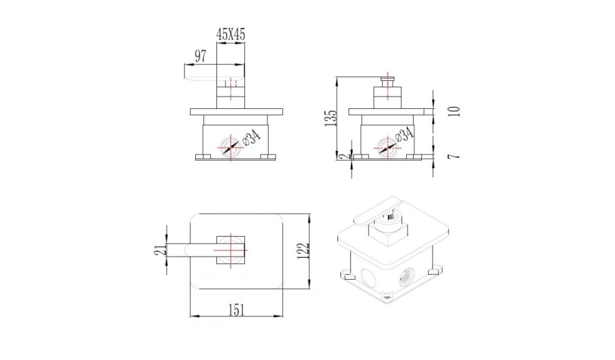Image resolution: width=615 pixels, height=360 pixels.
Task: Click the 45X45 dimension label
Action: (231, 35)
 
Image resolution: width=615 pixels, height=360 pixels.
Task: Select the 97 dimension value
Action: (200, 56)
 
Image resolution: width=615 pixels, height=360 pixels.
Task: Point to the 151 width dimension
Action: (236, 310)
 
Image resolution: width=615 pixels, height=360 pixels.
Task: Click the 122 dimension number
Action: (303, 251)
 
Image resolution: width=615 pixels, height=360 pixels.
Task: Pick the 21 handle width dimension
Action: (159, 249)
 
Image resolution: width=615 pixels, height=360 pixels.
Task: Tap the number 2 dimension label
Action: (344, 157)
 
